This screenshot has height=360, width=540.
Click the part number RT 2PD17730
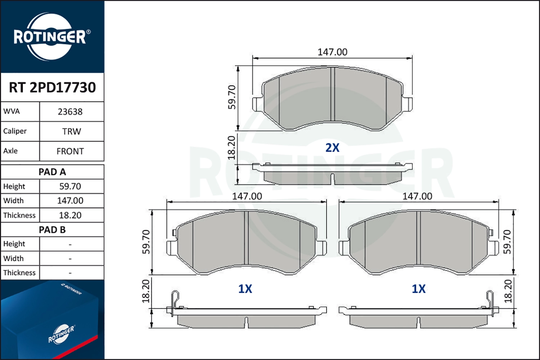tap(52, 87)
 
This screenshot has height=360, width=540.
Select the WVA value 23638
tap(70, 112)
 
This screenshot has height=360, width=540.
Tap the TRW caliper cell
tap(72, 131)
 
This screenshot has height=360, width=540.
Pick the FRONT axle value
tap(70, 151)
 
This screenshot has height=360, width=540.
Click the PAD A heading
tap(52, 172)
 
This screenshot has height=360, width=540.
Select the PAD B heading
tap(52, 230)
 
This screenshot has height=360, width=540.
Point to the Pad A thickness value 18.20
tap(70, 215)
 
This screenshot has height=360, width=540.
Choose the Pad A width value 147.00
tap(70, 201)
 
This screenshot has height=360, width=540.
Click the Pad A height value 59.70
tap(70, 186)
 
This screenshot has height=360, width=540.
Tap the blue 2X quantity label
tap(332, 148)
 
